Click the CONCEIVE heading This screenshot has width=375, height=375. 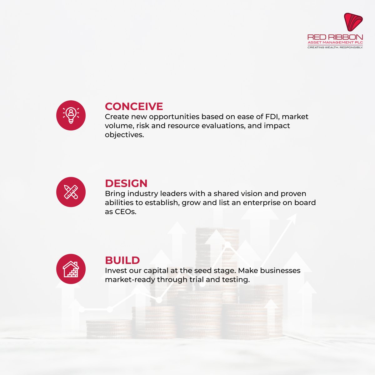point(134,107)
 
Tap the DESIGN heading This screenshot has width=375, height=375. point(126,183)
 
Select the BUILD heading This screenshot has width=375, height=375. point(122,260)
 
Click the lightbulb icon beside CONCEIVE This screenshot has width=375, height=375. point(71,115)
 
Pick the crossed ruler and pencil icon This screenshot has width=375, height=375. point(71,192)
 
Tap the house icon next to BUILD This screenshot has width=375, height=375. point(71,269)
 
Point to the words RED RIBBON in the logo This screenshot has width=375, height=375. point(335,37)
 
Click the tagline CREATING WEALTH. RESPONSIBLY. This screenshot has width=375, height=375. point(335,47)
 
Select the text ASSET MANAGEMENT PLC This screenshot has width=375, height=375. point(335,42)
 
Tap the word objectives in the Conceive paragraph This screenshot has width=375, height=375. point(124,135)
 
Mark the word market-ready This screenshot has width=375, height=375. point(130,280)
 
